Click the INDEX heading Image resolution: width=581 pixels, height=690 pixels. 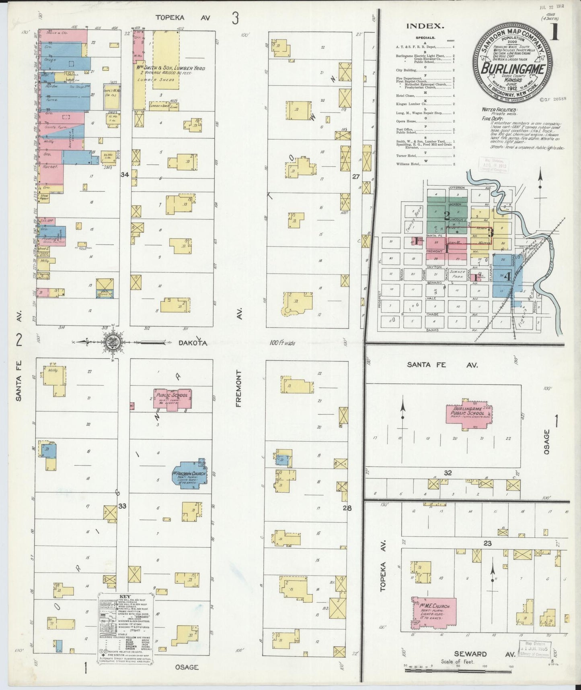coord(425,26)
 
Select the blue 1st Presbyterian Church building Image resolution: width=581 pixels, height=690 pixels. coord(190,474)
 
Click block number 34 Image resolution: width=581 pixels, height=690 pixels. coord(125,175)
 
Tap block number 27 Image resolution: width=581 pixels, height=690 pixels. coord(355,176)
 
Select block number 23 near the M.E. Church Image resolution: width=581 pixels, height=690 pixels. coord(487,544)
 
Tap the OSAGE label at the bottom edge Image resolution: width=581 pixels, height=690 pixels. coord(187,667)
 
